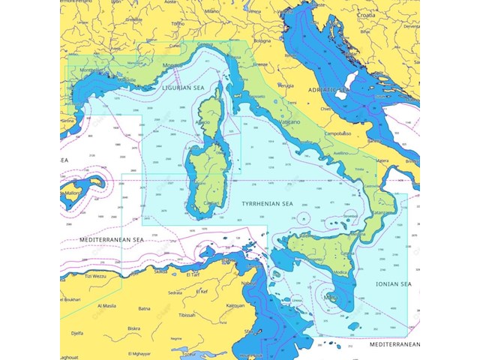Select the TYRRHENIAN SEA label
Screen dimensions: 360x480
(265, 203)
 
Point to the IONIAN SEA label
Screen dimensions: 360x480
(394, 284)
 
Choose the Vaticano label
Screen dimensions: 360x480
(288, 121)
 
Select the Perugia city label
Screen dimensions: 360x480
(285, 85)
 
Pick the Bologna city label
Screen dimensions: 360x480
(262, 40)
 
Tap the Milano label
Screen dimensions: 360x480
(213, 11)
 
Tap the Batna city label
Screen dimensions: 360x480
(145, 308)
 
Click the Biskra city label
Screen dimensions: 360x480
(134, 328)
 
